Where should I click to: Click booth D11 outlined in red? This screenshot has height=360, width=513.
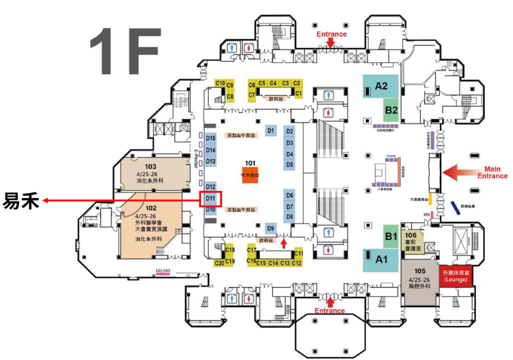[210, 198]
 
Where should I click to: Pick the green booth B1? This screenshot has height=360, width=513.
[391, 237]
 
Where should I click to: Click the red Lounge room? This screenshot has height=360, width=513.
[455, 276]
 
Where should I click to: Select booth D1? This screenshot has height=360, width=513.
[271, 131]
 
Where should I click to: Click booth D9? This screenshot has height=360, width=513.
[271, 228]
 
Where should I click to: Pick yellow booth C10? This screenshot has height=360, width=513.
[220, 83]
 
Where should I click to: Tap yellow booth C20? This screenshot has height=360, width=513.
[219, 263]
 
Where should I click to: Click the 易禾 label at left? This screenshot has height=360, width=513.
[21, 200]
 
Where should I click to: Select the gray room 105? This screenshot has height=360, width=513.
[420, 282]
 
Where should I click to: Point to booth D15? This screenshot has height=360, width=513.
[211, 139]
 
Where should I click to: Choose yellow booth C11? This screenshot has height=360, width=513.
[298, 253]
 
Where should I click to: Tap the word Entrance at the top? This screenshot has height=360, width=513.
[331, 34]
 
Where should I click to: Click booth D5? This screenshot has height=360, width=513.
[290, 165]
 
